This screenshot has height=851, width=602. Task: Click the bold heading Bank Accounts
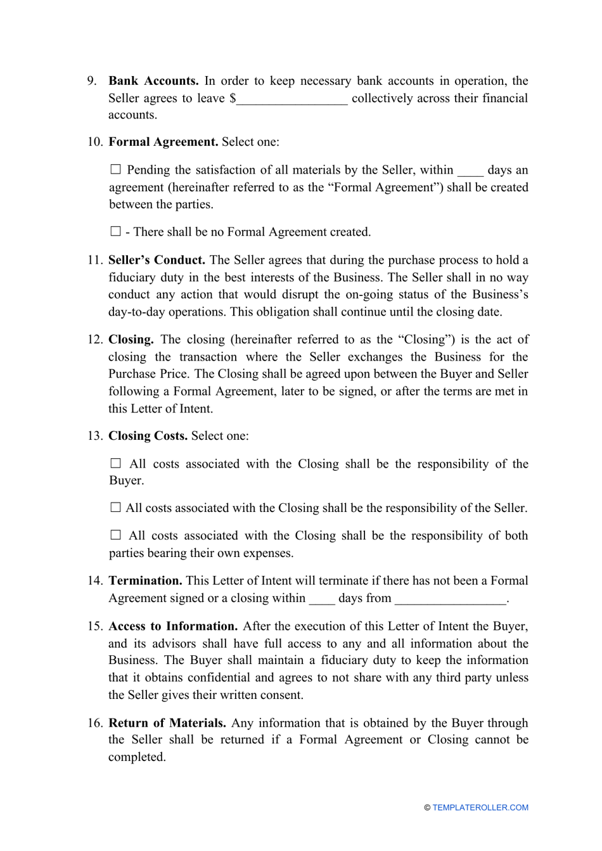153,81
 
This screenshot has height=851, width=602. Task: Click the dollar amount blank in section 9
292,99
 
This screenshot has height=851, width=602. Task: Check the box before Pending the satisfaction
115,169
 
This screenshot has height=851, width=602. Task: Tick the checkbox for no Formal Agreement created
115,231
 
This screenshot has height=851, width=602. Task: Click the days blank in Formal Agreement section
470,170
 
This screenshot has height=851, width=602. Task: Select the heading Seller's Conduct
157,260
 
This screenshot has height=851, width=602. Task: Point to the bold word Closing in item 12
131,340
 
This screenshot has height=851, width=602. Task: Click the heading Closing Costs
148,436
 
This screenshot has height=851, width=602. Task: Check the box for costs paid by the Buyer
115,463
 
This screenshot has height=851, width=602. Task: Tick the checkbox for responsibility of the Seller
115,508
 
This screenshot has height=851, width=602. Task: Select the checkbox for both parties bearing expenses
115,535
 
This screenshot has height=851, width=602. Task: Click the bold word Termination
146,581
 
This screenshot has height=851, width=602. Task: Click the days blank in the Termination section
322,599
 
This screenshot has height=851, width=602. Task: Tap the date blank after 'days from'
450,599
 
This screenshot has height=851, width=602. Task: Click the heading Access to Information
173,627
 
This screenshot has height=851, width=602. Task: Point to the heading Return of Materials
167,723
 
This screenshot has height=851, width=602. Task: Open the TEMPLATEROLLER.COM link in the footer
480,808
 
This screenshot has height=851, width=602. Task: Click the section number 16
94,723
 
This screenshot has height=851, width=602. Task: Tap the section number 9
92,81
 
